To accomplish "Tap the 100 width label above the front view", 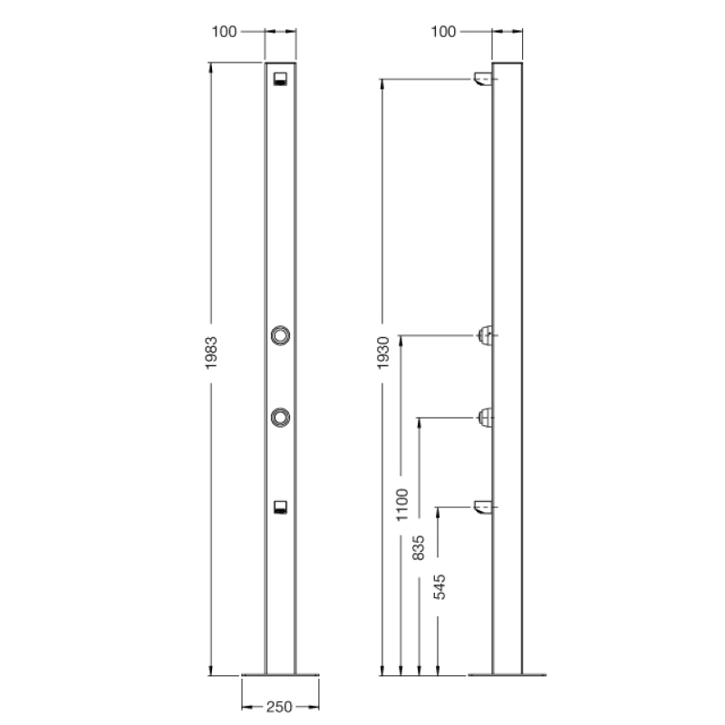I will click(225, 32).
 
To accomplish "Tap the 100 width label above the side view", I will click(443, 32).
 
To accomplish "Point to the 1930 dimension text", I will click(383, 351).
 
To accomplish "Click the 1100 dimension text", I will click(401, 503).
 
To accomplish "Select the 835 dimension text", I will click(419, 547).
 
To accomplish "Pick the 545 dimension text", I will click(439, 586).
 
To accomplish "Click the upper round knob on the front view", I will click(281, 335).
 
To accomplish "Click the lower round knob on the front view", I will click(281, 416).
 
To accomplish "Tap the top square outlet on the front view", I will click(281, 77).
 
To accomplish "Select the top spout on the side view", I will click(483, 81).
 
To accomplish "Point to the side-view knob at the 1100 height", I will click(486, 335).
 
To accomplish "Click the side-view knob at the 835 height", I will click(486, 417).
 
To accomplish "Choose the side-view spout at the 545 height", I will click(483, 507).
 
